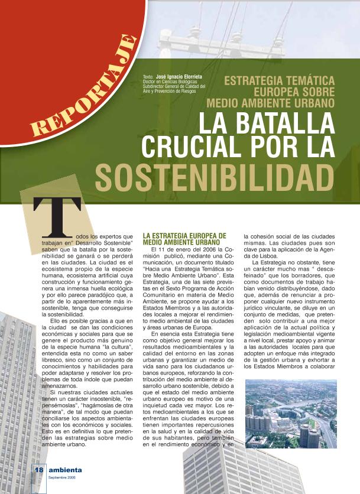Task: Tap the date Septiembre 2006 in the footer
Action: click(x=62, y=477)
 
